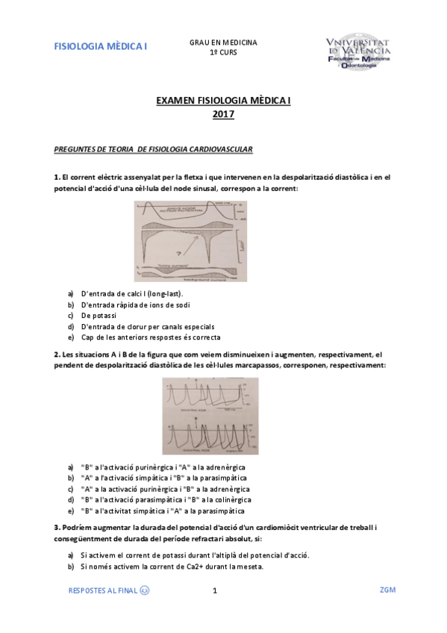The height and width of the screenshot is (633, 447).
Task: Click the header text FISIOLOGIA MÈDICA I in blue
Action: pos(101,46)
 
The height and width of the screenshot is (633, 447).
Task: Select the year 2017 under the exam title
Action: pos(223,114)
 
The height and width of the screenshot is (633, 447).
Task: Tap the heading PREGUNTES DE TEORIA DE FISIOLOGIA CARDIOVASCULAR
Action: pos(154,149)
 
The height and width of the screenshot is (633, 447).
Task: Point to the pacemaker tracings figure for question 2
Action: pos(210,414)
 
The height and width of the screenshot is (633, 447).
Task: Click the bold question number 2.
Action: pos(57,354)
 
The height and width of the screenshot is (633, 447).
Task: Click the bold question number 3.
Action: pos(57,527)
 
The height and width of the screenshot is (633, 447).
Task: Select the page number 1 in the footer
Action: pos(214,590)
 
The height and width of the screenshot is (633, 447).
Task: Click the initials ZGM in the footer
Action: pos(387,590)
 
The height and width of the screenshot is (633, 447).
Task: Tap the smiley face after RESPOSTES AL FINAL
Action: pos(144,590)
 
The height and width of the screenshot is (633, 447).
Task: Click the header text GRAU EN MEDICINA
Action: pos(223,43)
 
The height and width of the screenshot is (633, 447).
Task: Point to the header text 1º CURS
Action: pos(223,54)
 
